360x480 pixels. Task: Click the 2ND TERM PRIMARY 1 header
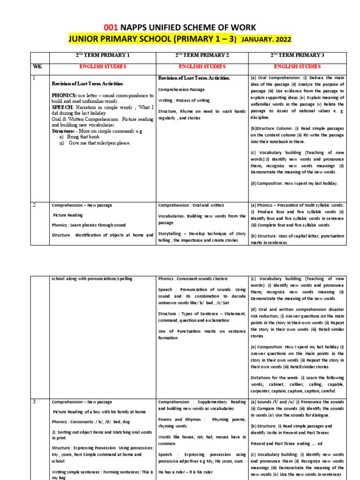[103, 55]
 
